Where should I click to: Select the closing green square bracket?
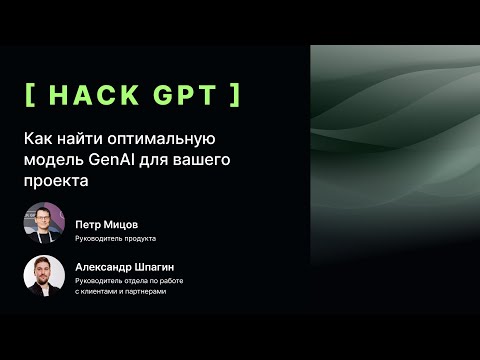tap(236, 96)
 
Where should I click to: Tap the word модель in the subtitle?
tap(51, 160)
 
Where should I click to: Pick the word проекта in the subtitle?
tap(56, 181)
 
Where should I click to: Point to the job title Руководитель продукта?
tap(115, 239)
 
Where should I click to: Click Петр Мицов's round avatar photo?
tap(44, 224)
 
